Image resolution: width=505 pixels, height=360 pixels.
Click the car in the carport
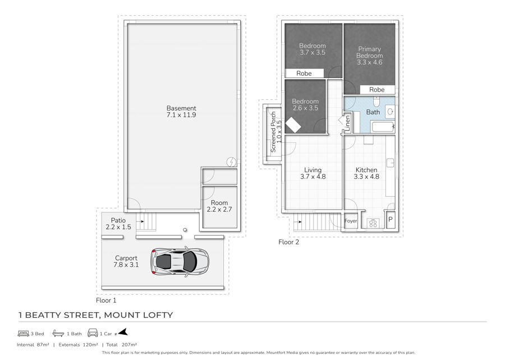tap(180, 261)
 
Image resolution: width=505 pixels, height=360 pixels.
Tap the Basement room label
tap(181, 112)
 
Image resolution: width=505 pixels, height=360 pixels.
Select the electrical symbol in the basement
tap(231, 162)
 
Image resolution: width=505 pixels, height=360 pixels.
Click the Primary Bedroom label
tap(369, 56)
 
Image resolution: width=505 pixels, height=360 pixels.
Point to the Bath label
tap(373, 112)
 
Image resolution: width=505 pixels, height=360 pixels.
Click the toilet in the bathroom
tap(377, 101)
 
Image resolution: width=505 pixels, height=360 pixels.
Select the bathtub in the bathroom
tap(383, 126)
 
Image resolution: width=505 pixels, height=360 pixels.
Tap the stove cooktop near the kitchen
tap(373, 223)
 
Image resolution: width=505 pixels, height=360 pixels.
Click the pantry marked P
tap(391, 220)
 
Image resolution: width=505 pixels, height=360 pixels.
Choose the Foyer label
tap(351, 221)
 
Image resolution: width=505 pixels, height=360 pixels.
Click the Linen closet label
tap(347, 123)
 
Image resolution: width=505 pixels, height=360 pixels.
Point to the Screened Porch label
tap(276, 132)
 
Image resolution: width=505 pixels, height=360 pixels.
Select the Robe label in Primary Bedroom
tap(377, 90)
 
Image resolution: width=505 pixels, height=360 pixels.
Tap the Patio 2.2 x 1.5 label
tap(118, 224)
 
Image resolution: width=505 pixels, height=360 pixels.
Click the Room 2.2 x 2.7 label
tap(219, 206)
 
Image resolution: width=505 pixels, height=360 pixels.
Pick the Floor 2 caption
tap(288, 242)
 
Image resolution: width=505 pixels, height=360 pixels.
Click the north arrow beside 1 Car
tap(123, 332)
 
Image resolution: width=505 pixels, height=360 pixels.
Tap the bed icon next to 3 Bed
tap(23, 333)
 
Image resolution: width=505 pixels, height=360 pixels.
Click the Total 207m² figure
tap(122, 345)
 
